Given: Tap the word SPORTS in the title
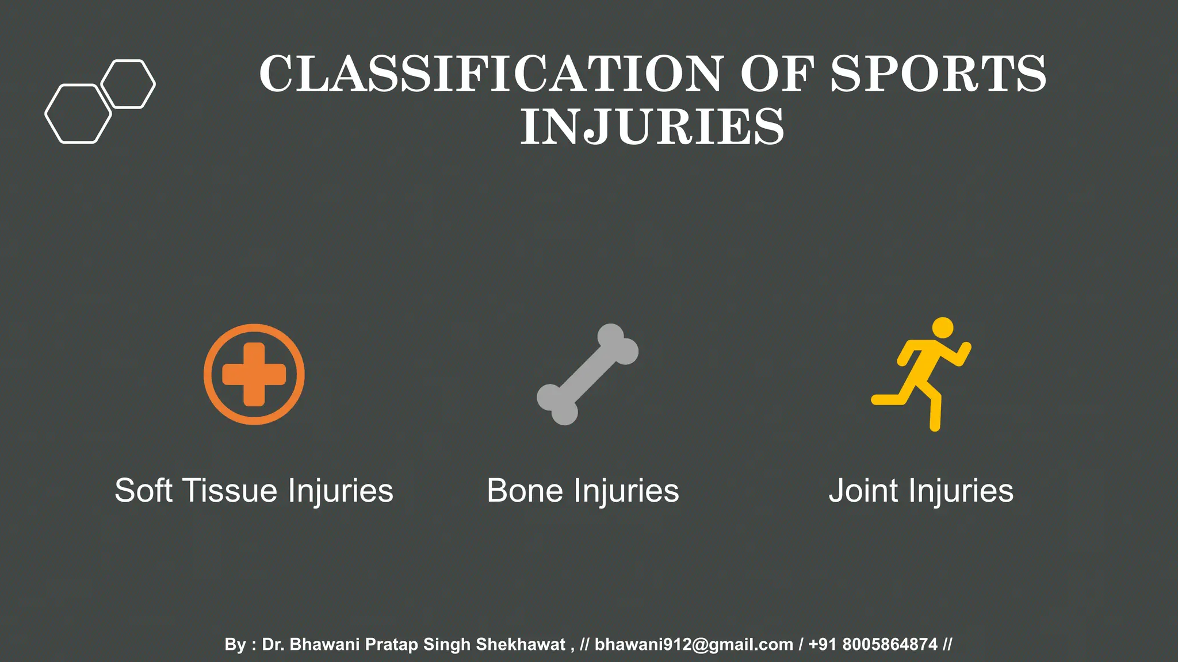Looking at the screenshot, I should coord(938,74).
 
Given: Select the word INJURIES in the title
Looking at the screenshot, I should coord(652,127).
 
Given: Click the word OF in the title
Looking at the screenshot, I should coord(777,74).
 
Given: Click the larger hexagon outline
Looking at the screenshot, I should coord(78,114).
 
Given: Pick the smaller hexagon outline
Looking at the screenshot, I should coord(128,84).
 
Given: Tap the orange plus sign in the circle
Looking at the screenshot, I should coord(254,375).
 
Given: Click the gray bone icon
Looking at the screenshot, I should coord(587,375).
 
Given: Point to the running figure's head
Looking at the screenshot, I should coord(942,328).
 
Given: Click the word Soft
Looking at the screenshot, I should coord(143,491).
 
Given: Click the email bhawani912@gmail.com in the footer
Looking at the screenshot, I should coord(694,645).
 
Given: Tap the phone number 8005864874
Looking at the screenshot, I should coord(890,645).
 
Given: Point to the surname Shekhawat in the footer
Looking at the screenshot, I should coord(521,645).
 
